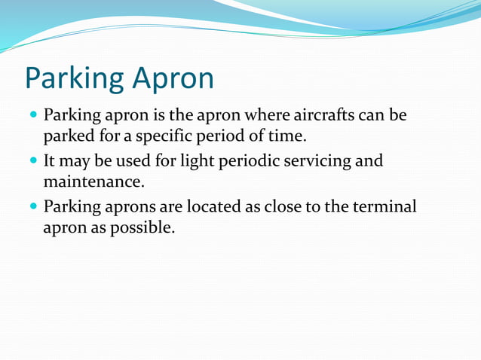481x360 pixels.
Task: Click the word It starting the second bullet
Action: pos(51,161)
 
